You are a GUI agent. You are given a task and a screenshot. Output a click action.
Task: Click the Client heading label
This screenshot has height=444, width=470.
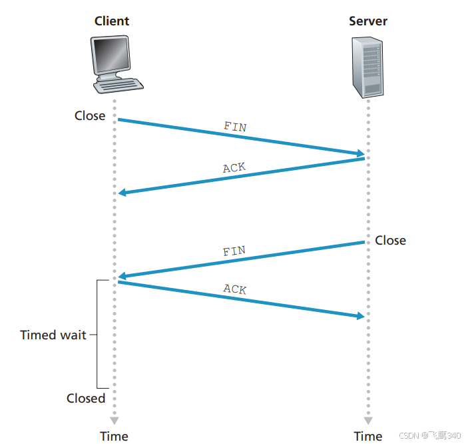pos(111,21)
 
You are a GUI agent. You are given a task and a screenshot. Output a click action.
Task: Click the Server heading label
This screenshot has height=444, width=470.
pos(367,21)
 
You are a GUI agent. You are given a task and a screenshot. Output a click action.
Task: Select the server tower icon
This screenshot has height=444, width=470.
pos(367,66)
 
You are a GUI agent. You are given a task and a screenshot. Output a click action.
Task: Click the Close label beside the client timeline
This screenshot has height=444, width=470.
pos(90,115)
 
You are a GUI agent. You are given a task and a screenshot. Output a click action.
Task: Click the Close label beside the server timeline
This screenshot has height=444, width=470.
pos(390,240)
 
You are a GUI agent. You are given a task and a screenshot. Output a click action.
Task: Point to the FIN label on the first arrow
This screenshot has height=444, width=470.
pos(234,126)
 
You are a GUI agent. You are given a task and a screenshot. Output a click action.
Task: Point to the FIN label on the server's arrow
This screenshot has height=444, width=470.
pos(234,252)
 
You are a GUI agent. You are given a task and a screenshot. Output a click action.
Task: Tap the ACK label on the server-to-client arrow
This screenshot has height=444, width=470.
pos(234,168)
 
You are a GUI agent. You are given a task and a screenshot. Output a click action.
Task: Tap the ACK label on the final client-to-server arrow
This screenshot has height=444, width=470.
pos(234,289)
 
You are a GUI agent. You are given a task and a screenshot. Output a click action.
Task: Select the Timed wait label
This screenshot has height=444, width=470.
pos(53,335)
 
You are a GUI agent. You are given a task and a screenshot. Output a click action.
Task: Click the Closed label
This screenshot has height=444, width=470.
pos(86,398)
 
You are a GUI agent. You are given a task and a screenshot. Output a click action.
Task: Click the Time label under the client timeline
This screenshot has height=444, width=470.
pos(114,436)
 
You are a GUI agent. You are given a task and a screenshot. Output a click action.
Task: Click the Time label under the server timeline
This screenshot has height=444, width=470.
pos(367,436)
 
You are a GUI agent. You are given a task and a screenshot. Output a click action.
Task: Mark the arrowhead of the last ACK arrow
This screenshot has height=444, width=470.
pos(360,315)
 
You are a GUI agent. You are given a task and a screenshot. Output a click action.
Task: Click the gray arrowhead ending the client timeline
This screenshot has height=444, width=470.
pos(114,421)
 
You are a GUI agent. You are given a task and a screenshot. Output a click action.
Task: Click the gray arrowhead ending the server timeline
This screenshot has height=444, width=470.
pos(367,421)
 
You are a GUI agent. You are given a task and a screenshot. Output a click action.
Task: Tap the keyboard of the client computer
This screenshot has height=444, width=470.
pos(120,85)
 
